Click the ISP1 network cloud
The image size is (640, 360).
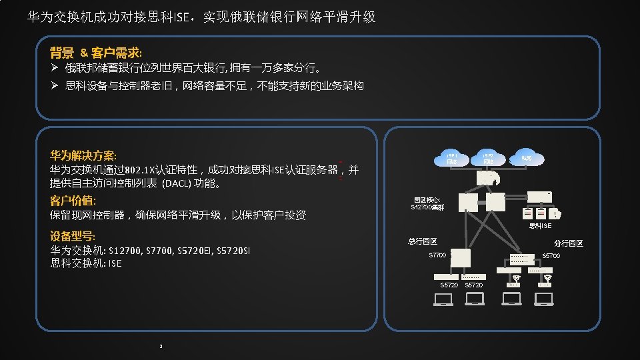452,158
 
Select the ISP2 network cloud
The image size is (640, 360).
489,158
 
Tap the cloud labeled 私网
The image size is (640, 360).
527,158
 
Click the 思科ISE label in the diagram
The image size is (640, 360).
541,225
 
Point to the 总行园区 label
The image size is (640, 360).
423,241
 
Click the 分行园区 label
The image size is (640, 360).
568,243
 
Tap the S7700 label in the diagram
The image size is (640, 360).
437,255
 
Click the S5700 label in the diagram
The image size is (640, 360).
551,256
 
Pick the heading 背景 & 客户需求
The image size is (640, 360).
96,52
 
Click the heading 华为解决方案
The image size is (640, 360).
83,155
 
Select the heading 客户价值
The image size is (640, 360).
73,201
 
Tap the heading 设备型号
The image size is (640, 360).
73,236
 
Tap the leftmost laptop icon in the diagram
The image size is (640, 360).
443,299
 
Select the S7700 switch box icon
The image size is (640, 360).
461,258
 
